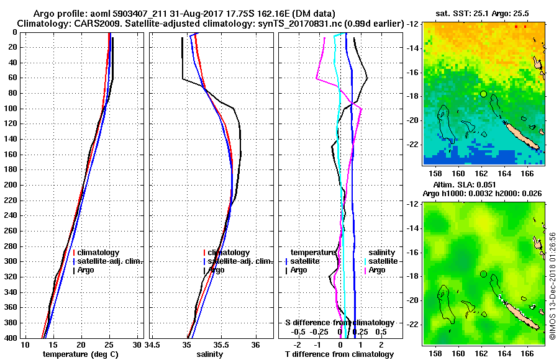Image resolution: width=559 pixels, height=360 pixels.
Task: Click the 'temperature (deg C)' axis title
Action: point(81,354)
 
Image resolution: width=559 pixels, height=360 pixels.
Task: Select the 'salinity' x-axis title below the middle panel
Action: point(209,354)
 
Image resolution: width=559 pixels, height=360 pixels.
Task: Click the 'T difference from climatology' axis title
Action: point(339,354)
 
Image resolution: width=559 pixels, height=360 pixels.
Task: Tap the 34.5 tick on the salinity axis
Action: point(153,344)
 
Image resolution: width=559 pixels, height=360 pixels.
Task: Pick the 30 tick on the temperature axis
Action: point(137,344)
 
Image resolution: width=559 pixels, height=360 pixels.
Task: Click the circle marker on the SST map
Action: point(483,94)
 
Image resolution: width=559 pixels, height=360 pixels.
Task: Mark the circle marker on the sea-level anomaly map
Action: point(483,274)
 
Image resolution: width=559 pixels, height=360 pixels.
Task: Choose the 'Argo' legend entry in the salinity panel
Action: point(217,270)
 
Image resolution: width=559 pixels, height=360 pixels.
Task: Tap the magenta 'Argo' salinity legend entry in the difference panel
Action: point(377,270)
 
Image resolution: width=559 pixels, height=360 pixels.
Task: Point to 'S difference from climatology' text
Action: point(339,323)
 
